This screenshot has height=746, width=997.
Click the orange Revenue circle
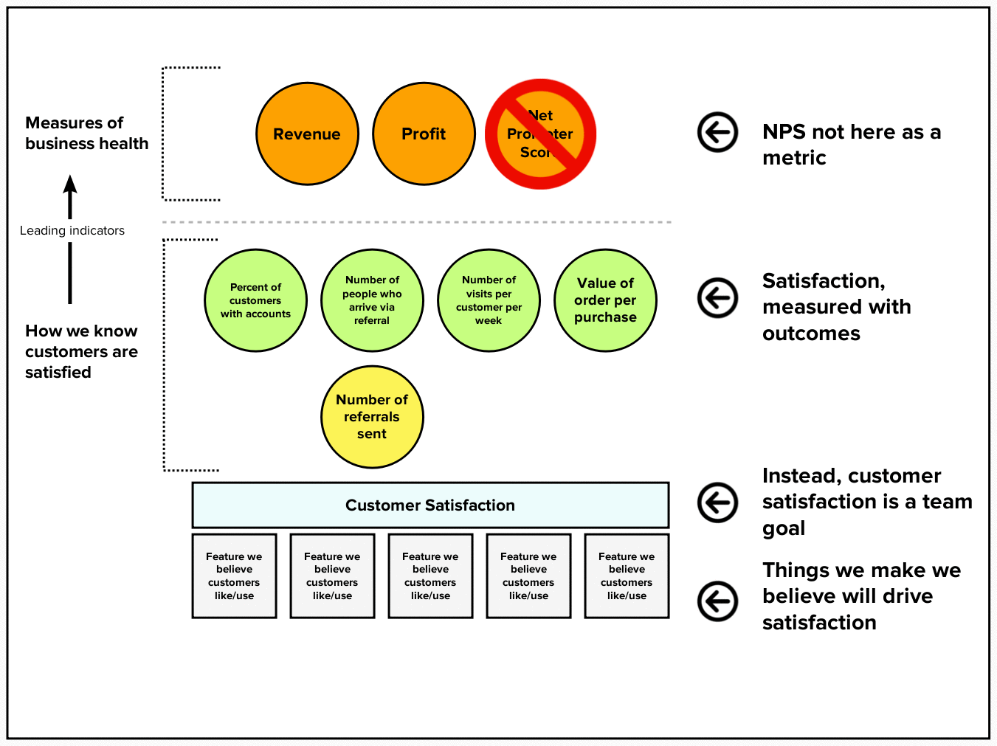click(307, 134)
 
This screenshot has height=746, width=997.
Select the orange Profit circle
click(424, 134)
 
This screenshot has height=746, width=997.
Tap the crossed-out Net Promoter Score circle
click(540, 134)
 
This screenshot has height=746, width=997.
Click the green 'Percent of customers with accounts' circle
click(255, 300)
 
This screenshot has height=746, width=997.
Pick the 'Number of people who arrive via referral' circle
click(372, 300)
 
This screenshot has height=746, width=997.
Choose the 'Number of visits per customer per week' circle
click(489, 300)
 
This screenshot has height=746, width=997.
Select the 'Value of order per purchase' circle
click(605, 300)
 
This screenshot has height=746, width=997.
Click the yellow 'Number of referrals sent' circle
click(372, 417)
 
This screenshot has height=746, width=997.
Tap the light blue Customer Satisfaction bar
click(430, 505)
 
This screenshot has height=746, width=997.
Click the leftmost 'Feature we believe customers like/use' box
click(234, 576)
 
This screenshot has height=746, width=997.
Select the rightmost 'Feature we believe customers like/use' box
click(627, 576)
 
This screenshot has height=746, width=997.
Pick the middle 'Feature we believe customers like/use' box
click(430, 576)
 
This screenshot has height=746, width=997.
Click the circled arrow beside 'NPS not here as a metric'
click(717, 133)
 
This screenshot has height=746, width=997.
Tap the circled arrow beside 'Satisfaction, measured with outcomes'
click(717, 298)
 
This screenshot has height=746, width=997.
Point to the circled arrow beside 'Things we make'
click(717, 601)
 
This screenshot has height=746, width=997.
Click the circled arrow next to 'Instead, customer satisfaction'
click(717, 502)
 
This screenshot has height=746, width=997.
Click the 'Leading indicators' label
click(72, 231)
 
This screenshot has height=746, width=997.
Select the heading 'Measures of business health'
click(86, 133)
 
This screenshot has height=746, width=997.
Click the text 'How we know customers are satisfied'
click(81, 351)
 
